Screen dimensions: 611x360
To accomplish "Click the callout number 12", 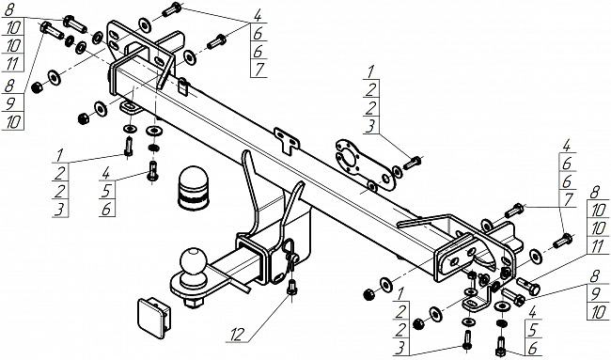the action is (x=239, y=335).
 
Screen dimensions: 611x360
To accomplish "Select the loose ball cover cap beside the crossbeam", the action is (x=194, y=189).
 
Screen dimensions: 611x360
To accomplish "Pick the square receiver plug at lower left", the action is (x=154, y=318).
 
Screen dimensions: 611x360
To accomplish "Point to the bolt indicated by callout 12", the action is (x=291, y=287).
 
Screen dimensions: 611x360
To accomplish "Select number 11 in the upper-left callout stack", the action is (x=13, y=64).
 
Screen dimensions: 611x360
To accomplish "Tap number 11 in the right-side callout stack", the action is (x=598, y=246).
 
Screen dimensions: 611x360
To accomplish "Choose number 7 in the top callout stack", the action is (x=258, y=69).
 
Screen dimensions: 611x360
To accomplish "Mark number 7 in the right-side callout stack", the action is (x=568, y=199).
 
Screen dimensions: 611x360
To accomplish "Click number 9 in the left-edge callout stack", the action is (x=10, y=103).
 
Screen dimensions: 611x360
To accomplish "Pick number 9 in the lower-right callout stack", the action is (x=595, y=295).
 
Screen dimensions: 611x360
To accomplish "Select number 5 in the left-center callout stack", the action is (x=107, y=191).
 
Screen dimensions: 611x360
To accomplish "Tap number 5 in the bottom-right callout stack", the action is (x=532, y=330).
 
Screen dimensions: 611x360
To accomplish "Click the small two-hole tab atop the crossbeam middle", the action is (x=287, y=140).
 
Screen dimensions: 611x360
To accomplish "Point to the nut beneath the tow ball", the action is (x=193, y=303).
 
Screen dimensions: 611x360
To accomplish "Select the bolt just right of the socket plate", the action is (x=413, y=163).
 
